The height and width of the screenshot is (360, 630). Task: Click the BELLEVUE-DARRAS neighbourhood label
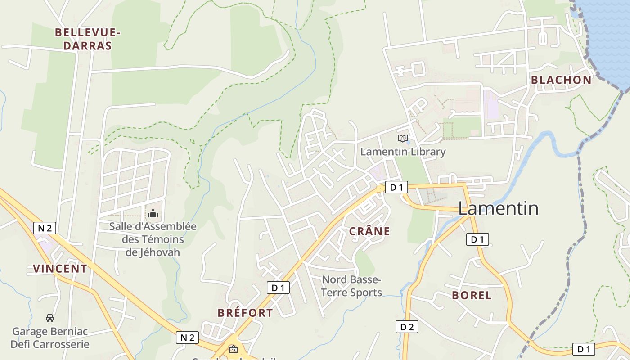[x=87, y=39]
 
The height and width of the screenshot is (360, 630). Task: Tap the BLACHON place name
[x=561, y=80]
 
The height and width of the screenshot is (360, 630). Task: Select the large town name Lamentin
[x=498, y=208]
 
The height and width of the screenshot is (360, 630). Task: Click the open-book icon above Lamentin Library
[x=403, y=139]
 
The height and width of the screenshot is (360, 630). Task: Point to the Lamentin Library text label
[x=403, y=152]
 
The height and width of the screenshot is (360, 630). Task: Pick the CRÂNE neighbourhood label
[x=369, y=231]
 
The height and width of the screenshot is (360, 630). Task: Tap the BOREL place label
[x=472, y=296]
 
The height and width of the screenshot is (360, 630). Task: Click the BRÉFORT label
[x=245, y=313]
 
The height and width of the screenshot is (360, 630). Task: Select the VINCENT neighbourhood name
[x=60, y=269]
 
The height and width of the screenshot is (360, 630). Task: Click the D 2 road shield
[x=407, y=327]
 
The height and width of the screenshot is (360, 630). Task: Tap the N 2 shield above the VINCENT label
[x=45, y=228]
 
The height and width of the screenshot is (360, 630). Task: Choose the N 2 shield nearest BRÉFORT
[x=187, y=337]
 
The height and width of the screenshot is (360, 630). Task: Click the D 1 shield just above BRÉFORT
[x=278, y=288]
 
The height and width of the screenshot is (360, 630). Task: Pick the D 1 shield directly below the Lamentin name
[x=477, y=239]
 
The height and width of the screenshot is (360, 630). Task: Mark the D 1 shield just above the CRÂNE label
[x=396, y=188]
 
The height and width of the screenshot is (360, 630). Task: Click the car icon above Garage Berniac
[x=50, y=318]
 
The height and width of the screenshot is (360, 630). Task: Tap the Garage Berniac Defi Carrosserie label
[x=50, y=338]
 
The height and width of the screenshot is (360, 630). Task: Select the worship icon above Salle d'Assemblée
[x=153, y=213]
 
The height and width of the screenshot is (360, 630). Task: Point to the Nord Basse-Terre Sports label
[x=351, y=286]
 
